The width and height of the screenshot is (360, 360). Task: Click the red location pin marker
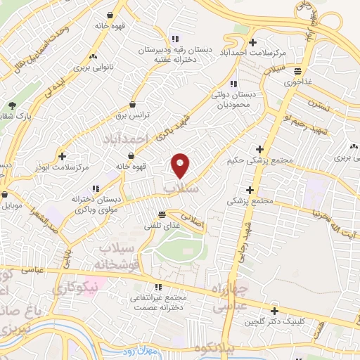coord(181,165)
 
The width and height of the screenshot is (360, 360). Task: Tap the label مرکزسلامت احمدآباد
coord(253,53)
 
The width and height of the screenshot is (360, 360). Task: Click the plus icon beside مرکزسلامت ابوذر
coord(63,156)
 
